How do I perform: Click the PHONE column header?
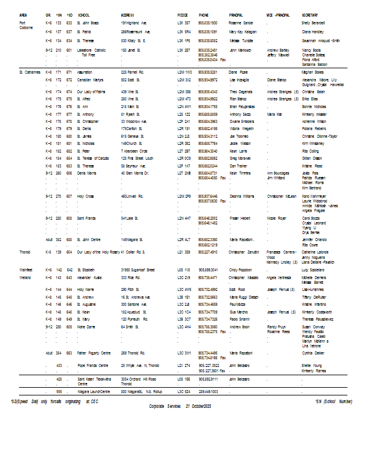pos(203,14)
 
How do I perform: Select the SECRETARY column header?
pos(310,14)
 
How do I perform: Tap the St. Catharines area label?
pos(29,71)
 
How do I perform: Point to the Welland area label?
pos(25,277)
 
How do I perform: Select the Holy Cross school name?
pos(86,195)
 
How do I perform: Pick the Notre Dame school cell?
pos(87,326)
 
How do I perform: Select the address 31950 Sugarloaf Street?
pos(137,270)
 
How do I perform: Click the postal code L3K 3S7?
pos(183,22)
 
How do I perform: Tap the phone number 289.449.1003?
pos(208,392)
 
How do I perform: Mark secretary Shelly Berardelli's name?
pos(314,22)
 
